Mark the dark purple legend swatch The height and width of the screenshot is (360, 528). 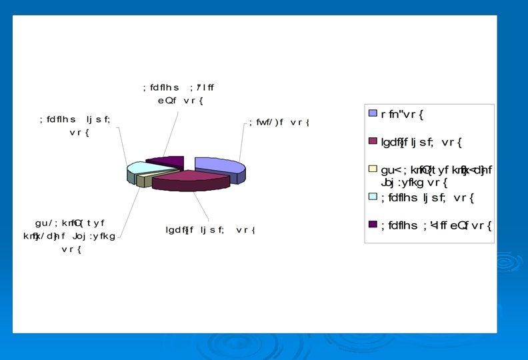click(373, 224)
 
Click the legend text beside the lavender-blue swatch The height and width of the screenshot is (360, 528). click(403, 114)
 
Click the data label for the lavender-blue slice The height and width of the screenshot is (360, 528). click(280, 123)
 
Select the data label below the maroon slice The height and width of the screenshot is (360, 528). click(211, 231)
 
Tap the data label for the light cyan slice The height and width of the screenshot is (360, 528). click(75, 126)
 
